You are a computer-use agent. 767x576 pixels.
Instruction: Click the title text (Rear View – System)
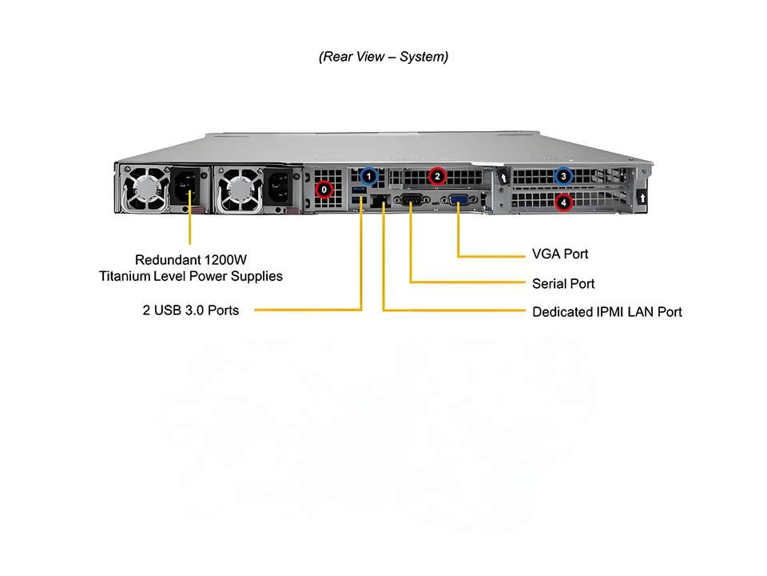(383, 57)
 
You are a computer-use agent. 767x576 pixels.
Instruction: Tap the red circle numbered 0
(324, 190)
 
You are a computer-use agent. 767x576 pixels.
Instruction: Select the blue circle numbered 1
(368, 174)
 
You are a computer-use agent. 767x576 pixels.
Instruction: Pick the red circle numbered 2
(436, 175)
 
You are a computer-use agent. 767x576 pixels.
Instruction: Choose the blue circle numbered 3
(564, 176)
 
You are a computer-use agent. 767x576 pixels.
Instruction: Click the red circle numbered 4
(564, 202)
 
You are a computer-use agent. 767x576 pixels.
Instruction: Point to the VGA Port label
(560, 254)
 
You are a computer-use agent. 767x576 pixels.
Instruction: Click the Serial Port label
(563, 283)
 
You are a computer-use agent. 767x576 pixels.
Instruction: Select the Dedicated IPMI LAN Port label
(607, 311)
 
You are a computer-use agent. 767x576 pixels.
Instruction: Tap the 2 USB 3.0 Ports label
(191, 310)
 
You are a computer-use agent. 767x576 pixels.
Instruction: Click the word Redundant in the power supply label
(168, 259)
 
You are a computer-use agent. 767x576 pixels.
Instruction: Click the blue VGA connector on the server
(459, 201)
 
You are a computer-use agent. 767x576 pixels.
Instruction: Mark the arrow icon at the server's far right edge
(643, 196)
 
